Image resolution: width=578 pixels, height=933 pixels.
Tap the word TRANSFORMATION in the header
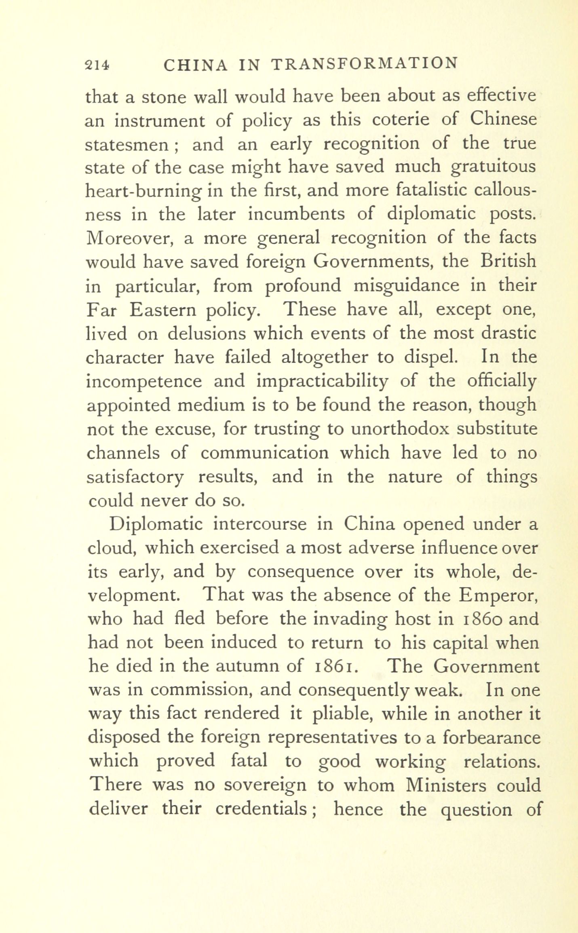click(364, 64)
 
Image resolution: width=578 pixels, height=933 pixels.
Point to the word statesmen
click(127, 145)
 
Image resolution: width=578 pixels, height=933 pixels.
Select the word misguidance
click(406, 286)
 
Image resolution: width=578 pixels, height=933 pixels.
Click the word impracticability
click(322, 382)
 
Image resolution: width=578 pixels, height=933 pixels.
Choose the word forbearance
click(491, 738)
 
